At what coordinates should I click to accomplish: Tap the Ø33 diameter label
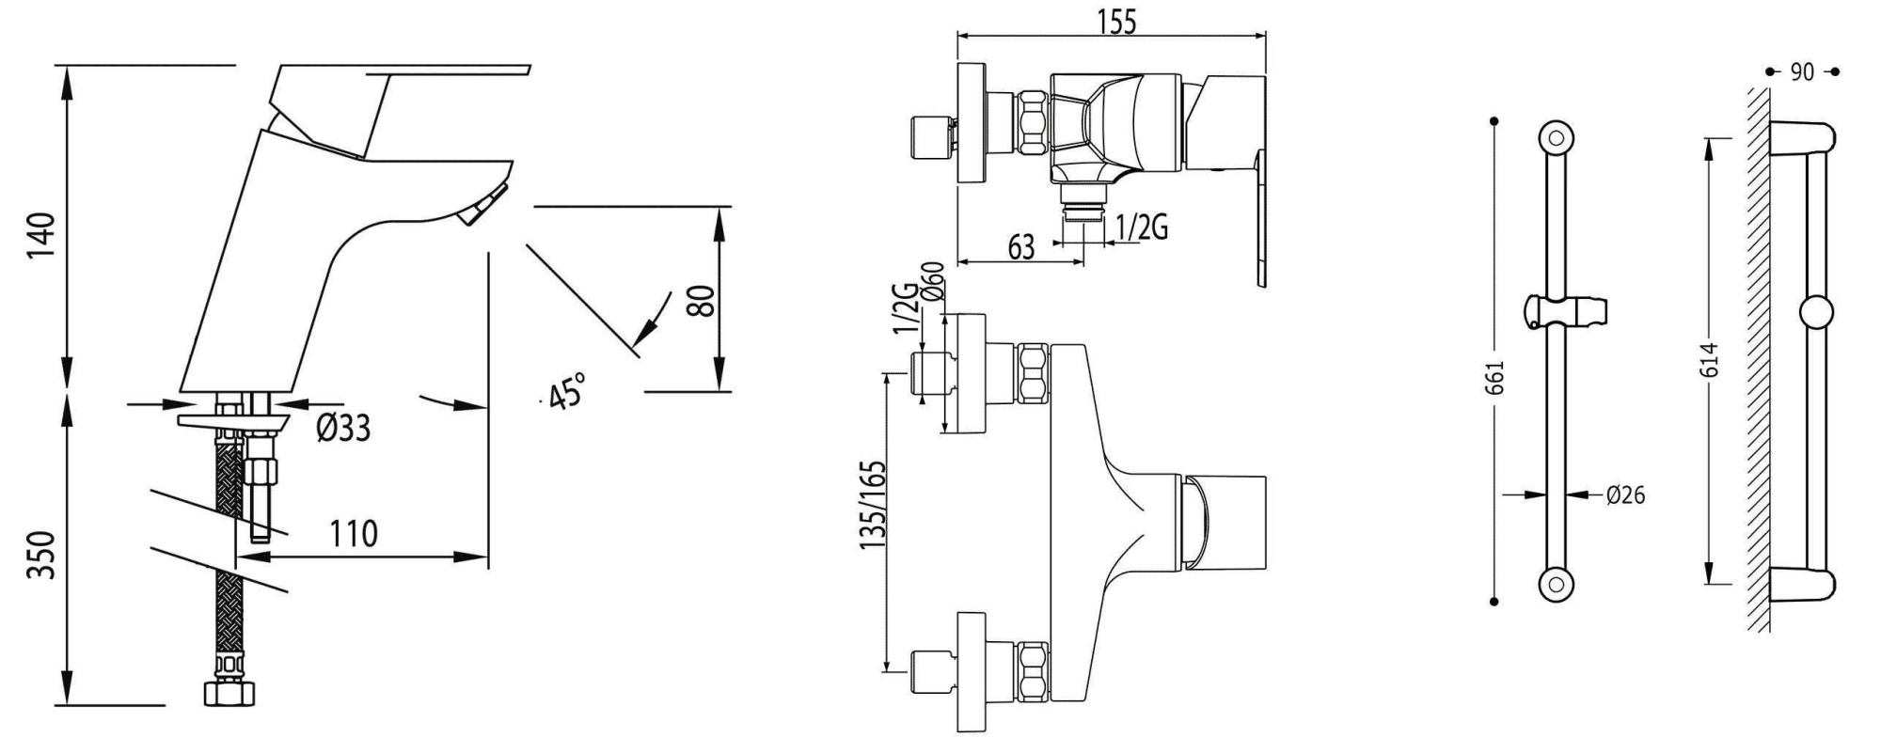(x=343, y=429)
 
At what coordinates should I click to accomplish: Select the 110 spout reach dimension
(x=354, y=534)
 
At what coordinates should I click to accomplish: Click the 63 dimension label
(x=1021, y=248)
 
